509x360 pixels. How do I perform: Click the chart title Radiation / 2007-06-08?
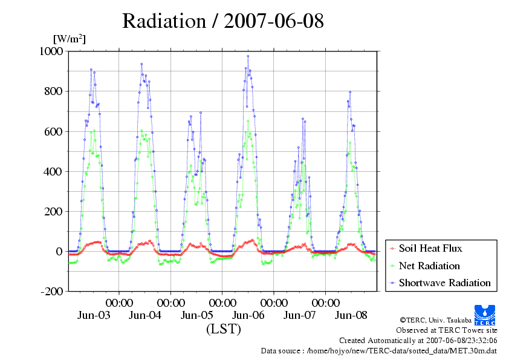[223, 21]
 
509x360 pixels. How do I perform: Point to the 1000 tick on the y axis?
[51, 51]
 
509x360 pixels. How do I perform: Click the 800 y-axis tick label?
[54, 91]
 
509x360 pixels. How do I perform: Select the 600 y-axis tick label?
[54, 131]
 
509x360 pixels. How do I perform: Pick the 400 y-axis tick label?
[54, 171]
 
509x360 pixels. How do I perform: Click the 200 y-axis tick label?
[54, 211]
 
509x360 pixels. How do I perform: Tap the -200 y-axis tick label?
[51, 291]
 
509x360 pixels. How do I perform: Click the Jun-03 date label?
[94, 315]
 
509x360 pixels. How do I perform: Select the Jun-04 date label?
[145, 315]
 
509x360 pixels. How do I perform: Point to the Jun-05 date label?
[197, 315]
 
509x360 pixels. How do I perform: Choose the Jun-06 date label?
[248, 315]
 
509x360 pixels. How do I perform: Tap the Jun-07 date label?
[300, 315]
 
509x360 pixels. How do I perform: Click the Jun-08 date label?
[351, 315]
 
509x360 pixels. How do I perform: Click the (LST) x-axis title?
[223, 330]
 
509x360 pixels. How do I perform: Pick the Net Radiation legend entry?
[429, 266]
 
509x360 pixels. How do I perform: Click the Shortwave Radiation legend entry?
[444, 283]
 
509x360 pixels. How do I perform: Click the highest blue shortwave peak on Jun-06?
[247, 56]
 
